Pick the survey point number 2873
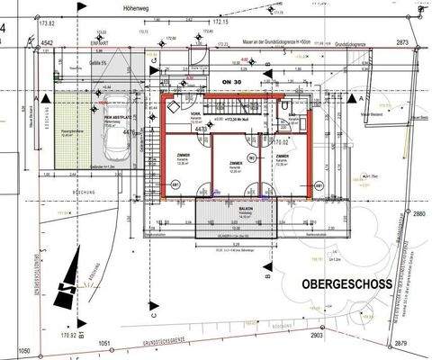(401, 42)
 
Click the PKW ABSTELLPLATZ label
(120, 118)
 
